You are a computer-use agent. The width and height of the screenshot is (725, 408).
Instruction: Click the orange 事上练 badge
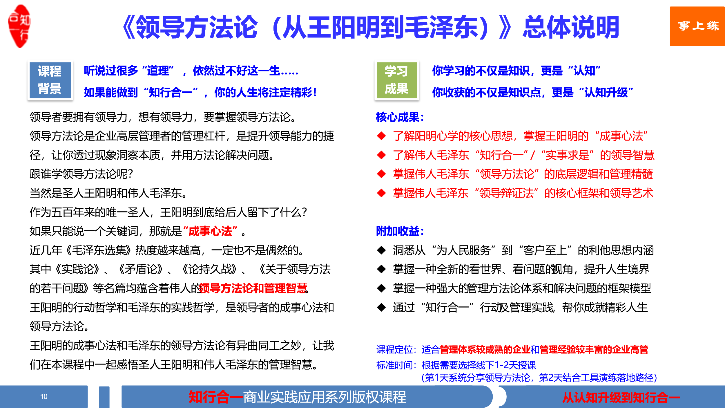[x=697, y=26]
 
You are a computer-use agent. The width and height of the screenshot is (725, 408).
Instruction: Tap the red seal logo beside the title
[x=19, y=26]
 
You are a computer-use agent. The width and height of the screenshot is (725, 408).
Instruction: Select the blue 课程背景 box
[x=50, y=80]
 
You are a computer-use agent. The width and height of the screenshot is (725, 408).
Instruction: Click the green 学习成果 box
[x=396, y=80]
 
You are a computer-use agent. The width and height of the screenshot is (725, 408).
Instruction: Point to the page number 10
[x=44, y=396]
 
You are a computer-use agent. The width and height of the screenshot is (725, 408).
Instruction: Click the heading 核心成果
[x=400, y=117]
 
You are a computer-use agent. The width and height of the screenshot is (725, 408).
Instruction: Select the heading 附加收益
[x=400, y=231]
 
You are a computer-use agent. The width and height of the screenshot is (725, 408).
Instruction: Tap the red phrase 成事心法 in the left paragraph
[x=210, y=231]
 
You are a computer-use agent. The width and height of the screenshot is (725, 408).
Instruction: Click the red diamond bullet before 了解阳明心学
[x=381, y=136]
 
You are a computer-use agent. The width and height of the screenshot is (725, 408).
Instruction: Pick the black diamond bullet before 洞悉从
[x=381, y=250]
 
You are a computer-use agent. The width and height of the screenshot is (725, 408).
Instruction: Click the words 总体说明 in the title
[x=571, y=28]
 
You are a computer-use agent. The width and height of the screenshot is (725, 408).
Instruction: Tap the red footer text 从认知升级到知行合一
[x=621, y=397]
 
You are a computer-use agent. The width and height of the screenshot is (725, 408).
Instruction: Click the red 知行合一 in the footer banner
[x=216, y=397]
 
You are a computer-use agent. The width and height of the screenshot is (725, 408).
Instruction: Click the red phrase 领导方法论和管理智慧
[x=253, y=288]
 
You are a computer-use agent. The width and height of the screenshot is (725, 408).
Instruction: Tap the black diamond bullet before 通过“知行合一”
[x=381, y=307]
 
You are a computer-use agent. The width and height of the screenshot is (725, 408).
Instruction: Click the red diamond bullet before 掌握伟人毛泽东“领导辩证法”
[x=381, y=193]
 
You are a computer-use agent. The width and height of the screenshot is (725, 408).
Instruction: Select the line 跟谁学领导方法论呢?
[x=81, y=174]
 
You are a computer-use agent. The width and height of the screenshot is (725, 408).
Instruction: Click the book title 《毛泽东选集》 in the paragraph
[x=98, y=250]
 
